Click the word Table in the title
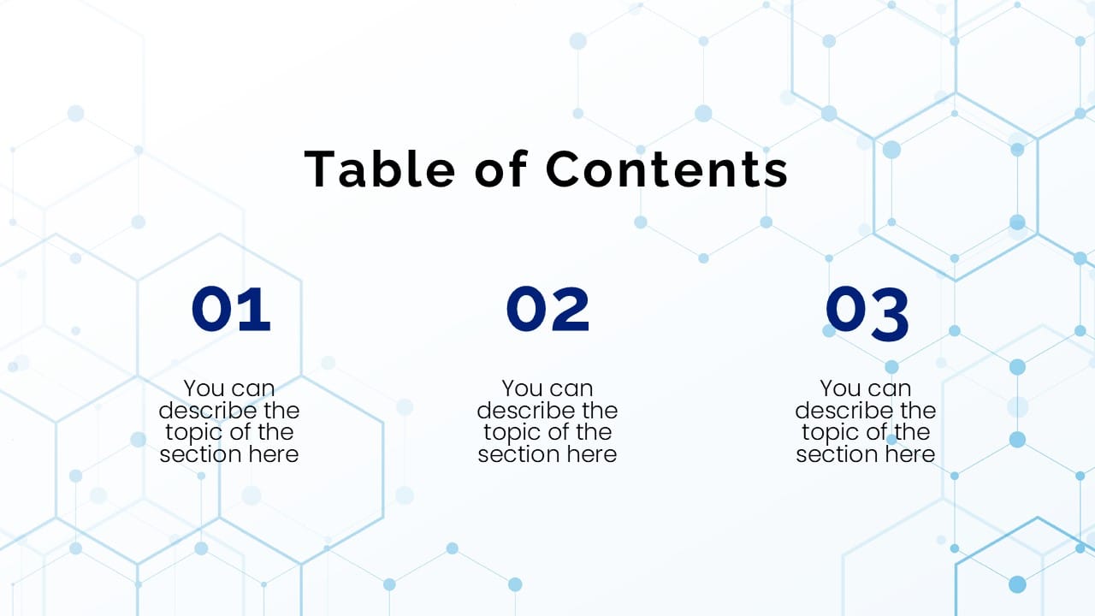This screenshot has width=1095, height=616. click(380, 169)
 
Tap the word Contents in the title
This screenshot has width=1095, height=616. click(667, 169)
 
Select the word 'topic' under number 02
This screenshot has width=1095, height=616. click(514, 432)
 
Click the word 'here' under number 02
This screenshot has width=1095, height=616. click(590, 454)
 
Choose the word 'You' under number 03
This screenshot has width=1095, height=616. click(840, 389)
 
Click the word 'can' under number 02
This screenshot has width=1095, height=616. click(571, 389)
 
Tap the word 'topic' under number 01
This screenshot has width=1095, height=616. click(196, 432)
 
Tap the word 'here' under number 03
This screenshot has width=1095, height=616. click(909, 454)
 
